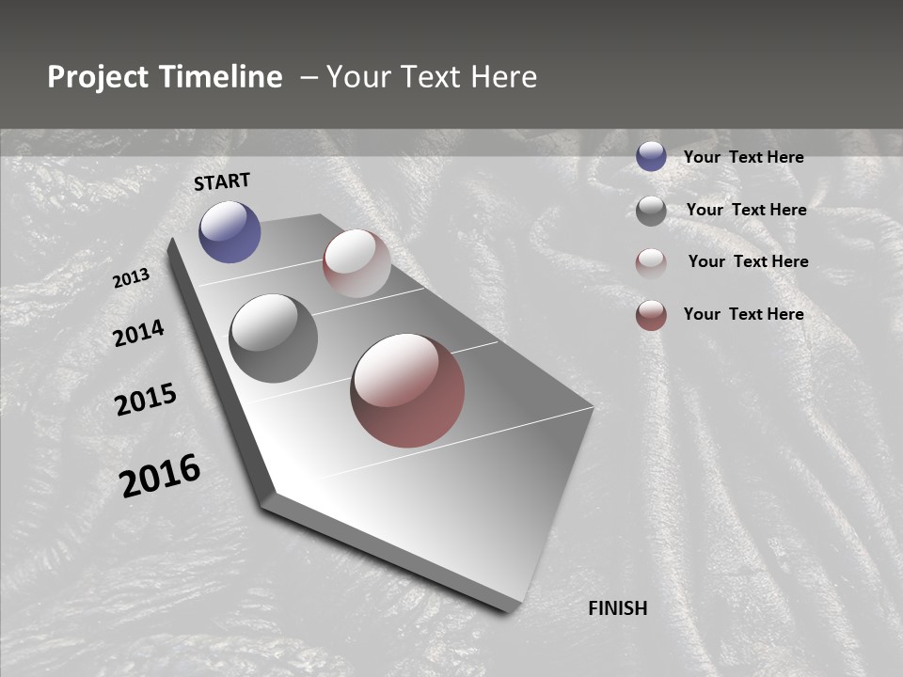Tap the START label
[x=222, y=181]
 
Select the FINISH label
[x=618, y=608]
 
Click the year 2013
[x=132, y=278]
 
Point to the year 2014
[x=138, y=333]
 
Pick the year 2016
[x=160, y=476]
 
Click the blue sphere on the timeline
[x=230, y=231]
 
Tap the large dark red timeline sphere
[x=407, y=390]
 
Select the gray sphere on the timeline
[x=273, y=338]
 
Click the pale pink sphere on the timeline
[x=356, y=263]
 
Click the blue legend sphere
[x=651, y=156]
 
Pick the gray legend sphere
[x=651, y=211]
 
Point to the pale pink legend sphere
[x=651, y=263]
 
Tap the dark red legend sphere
[x=651, y=315]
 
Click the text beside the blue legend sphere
[x=743, y=157]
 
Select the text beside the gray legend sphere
[x=746, y=210]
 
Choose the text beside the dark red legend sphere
[x=743, y=314]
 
